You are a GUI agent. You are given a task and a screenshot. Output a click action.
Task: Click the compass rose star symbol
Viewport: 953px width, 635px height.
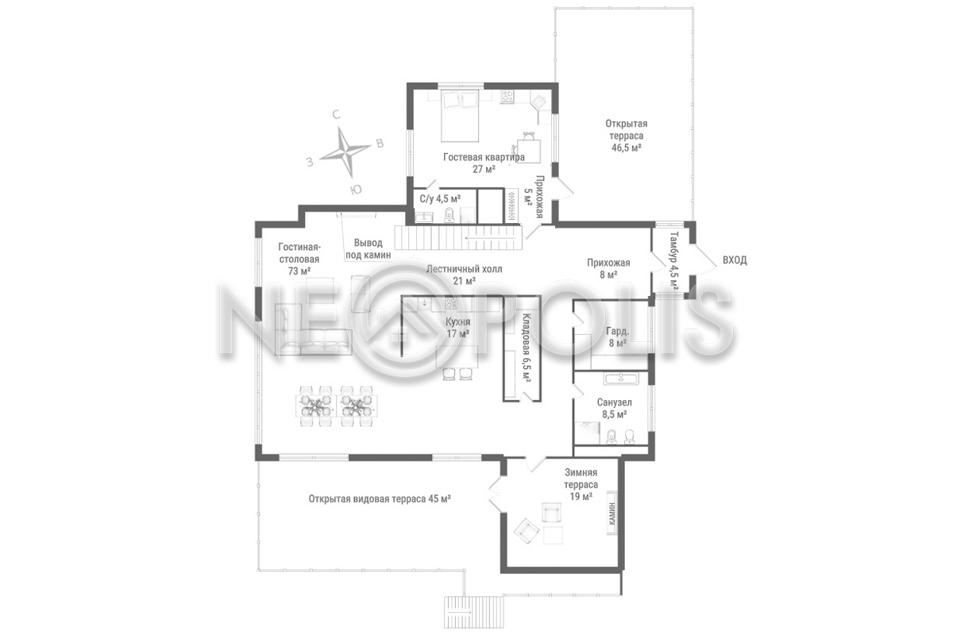coord(345,152)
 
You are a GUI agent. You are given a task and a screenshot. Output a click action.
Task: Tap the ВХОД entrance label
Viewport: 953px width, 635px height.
coord(735,260)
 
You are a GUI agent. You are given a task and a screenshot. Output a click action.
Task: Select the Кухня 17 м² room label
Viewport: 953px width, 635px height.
coord(457,328)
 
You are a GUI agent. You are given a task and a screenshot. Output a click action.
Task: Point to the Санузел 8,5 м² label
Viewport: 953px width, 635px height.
coord(614,408)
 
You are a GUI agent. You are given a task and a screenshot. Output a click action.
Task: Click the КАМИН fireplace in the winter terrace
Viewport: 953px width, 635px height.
coord(612,514)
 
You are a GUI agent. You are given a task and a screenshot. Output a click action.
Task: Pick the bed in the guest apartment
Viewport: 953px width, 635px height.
coord(460,116)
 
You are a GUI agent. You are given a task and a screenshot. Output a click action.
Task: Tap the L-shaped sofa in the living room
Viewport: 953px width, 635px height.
coord(313,329)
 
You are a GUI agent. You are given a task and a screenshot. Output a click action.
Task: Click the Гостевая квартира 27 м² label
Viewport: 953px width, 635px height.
coord(484,163)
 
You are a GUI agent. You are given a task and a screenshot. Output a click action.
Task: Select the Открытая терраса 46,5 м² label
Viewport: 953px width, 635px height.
coord(627,136)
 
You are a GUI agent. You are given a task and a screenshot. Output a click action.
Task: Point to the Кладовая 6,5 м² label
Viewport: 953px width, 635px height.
coord(527,348)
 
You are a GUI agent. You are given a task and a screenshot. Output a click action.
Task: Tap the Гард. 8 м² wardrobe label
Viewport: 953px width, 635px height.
coord(617,337)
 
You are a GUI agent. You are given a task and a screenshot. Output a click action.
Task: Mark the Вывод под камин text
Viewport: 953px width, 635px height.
coord(368,248)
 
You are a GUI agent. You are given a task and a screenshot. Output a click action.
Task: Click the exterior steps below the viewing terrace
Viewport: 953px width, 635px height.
coord(473,611)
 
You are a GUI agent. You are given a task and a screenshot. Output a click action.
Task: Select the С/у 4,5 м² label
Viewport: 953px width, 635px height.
coord(440,199)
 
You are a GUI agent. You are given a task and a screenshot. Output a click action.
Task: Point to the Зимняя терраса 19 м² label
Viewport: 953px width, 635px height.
coord(581,484)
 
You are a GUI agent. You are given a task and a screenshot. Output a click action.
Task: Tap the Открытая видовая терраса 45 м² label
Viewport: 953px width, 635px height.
coord(380,498)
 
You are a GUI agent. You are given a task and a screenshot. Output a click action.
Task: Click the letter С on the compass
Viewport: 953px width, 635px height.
coord(336,115)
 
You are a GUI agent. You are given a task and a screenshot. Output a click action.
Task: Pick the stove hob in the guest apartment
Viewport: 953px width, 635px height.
coord(507,97)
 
